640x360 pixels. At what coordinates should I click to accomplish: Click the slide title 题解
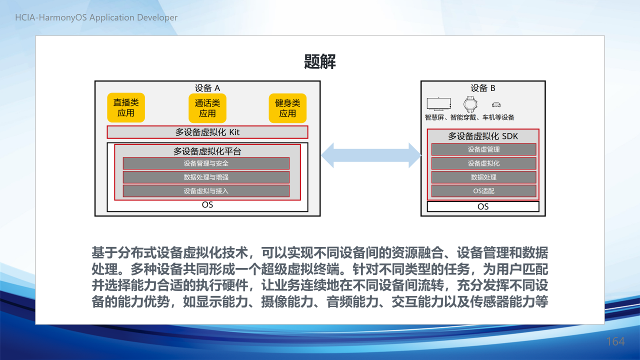319,61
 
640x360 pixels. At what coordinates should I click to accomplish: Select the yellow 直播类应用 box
126,107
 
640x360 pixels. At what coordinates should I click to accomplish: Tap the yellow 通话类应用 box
207,108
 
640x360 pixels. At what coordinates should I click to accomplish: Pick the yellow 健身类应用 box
287,108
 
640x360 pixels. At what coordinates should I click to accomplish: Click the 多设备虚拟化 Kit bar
207,132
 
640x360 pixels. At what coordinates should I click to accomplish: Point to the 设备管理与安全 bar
206,163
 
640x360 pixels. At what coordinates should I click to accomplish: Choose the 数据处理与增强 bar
206,177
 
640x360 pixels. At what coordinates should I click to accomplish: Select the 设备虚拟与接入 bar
206,191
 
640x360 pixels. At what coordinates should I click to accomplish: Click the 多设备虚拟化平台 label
207,151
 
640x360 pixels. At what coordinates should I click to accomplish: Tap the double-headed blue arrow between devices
371,155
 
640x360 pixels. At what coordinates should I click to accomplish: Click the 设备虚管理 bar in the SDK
483,149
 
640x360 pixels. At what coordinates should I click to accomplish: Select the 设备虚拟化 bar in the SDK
483,163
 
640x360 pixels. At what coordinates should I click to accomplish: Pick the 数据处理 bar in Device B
483,177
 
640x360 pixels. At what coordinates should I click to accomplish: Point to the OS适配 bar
483,191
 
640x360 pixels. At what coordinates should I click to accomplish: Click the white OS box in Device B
483,206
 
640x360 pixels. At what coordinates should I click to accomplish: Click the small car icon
496,105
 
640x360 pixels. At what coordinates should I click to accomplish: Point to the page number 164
615,341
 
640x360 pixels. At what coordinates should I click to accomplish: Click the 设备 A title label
207,88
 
